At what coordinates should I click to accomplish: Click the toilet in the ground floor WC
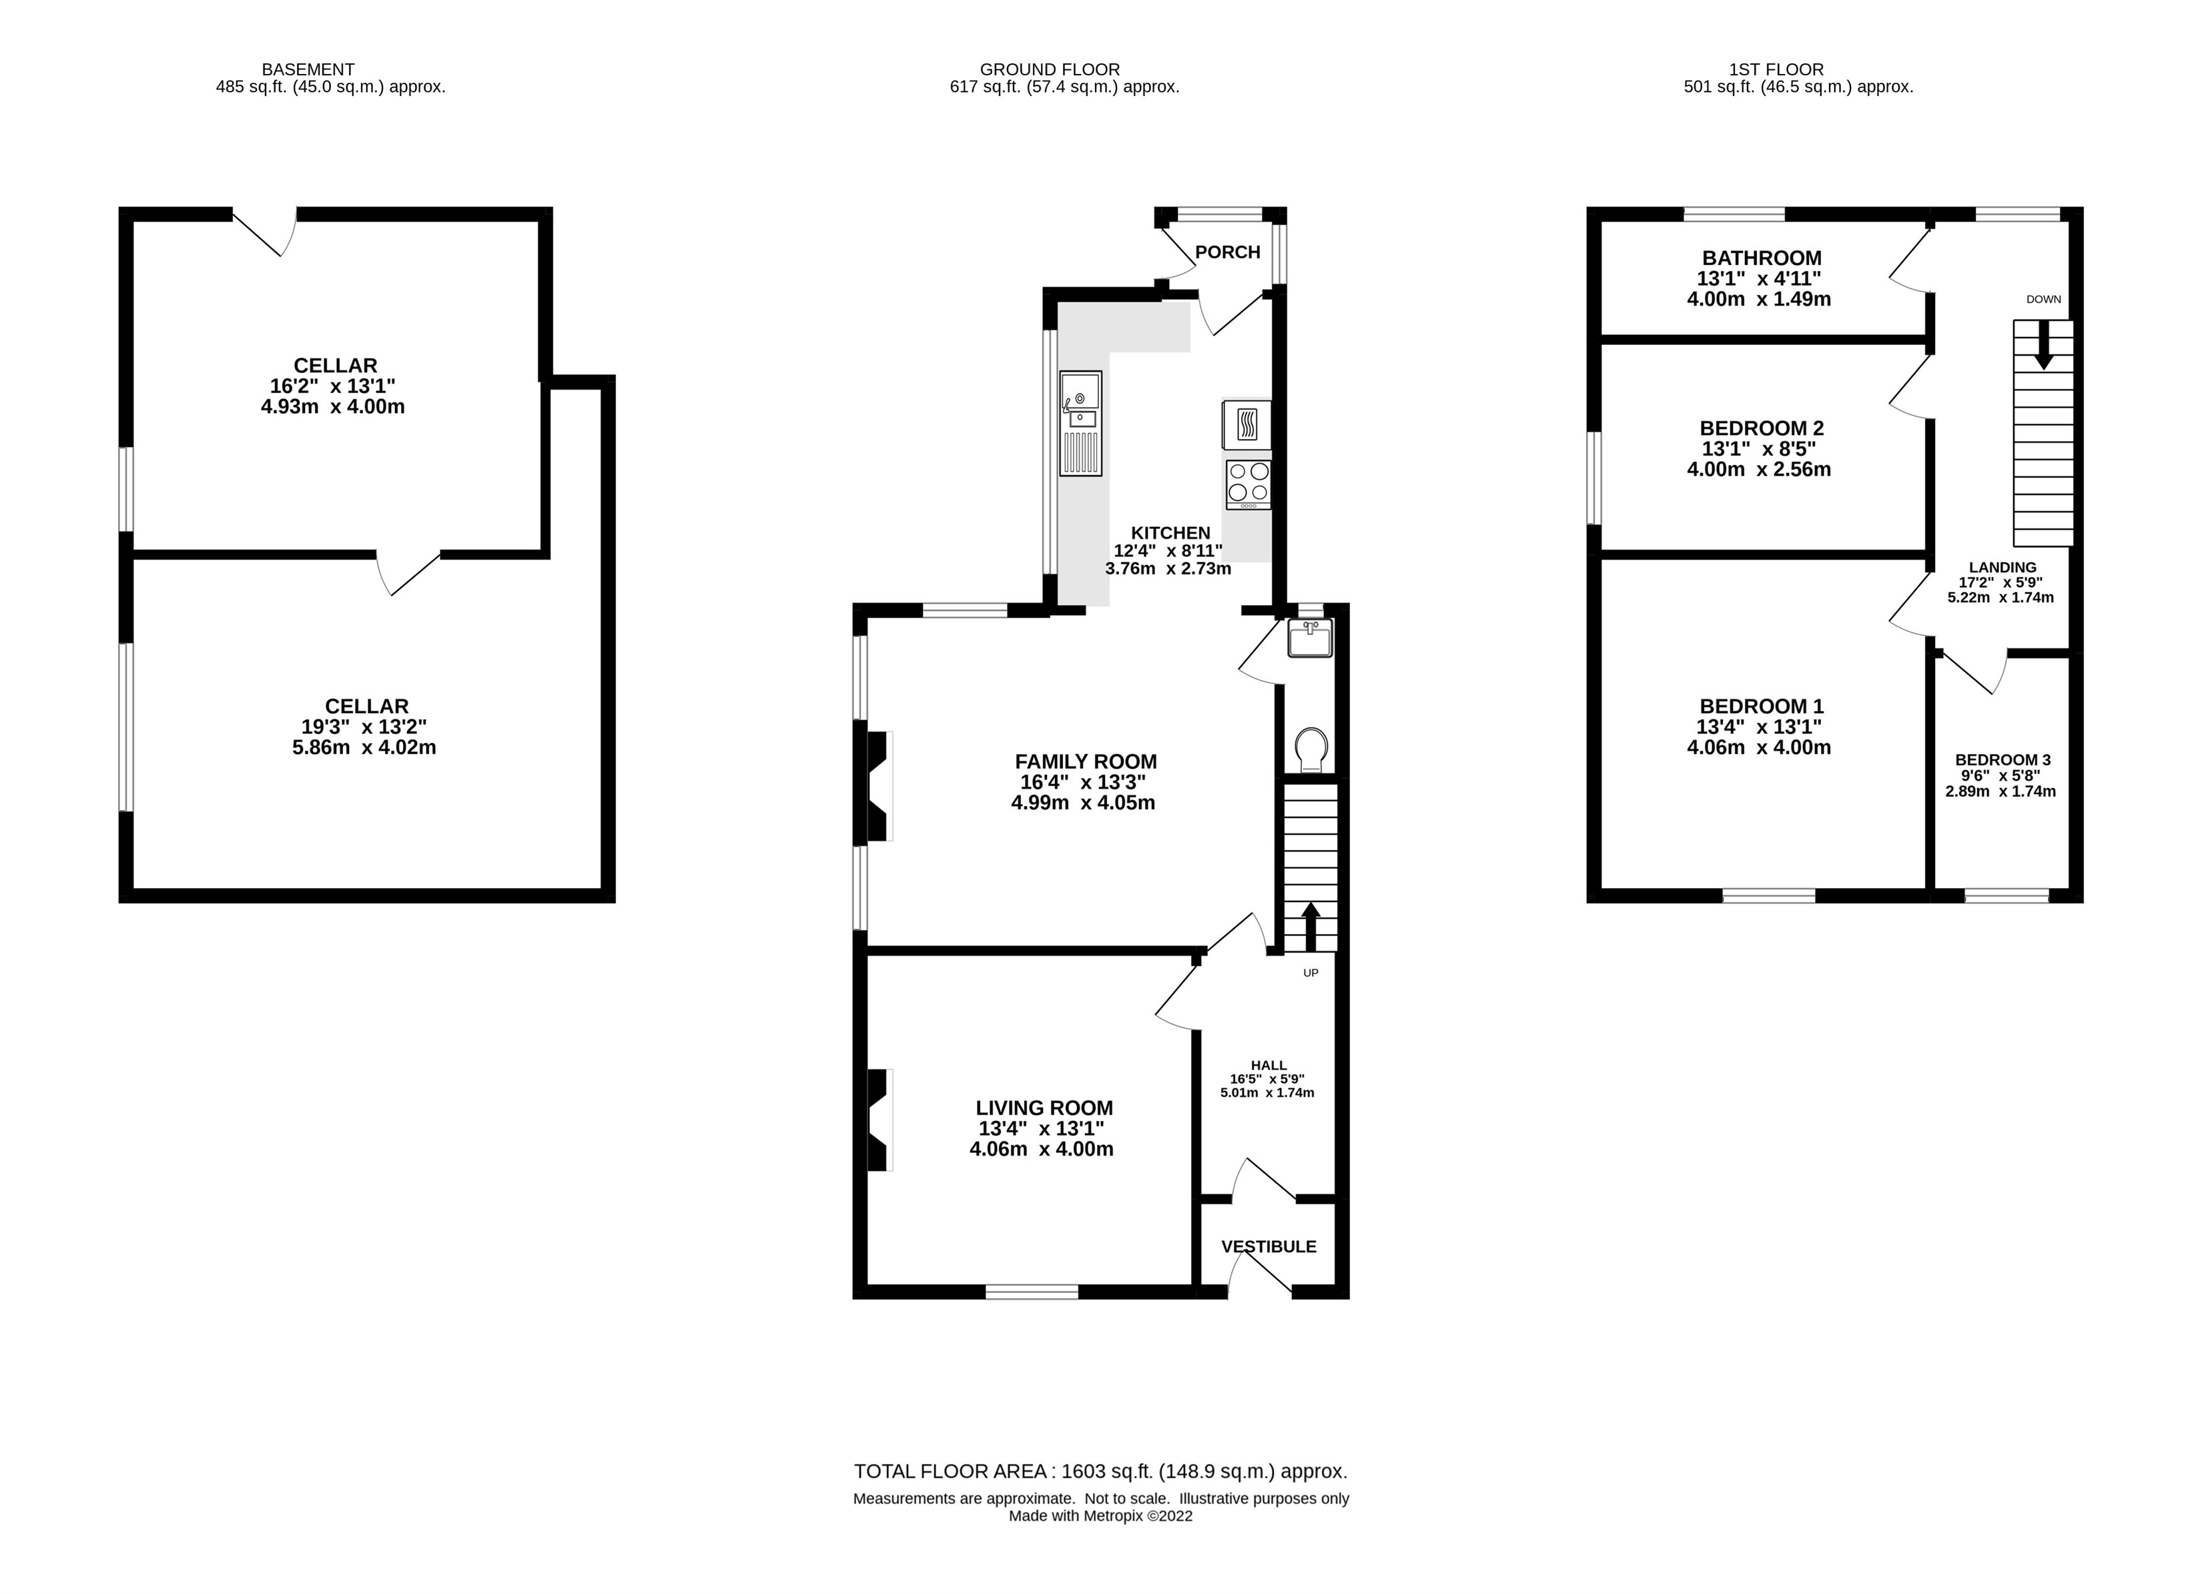pyautogui.click(x=1311, y=749)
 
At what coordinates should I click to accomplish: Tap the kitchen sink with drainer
pyautogui.click(x=1080, y=423)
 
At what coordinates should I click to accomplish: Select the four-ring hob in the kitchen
pyautogui.click(x=1248, y=484)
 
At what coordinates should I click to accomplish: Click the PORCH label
pyautogui.click(x=1227, y=252)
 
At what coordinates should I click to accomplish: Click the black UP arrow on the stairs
pyautogui.click(x=1311, y=926)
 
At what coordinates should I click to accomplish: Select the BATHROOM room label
pyautogui.click(x=1761, y=258)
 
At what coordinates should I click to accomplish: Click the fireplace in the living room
pyautogui.click(x=879, y=1120)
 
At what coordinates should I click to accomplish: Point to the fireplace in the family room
pyautogui.click(x=879, y=786)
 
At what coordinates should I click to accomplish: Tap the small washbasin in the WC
pyautogui.click(x=1311, y=640)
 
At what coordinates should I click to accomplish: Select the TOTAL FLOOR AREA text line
pyautogui.click(x=1101, y=1472)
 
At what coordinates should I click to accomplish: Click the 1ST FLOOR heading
pyautogui.click(x=1777, y=70)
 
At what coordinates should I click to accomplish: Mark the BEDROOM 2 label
pyautogui.click(x=1761, y=428)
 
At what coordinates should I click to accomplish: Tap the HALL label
pyautogui.click(x=1269, y=1065)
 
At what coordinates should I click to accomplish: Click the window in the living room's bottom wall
pyautogui.click(x=1032, y=1291)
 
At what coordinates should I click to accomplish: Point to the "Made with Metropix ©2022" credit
pyautogui.click(x=1101, y=1517)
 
